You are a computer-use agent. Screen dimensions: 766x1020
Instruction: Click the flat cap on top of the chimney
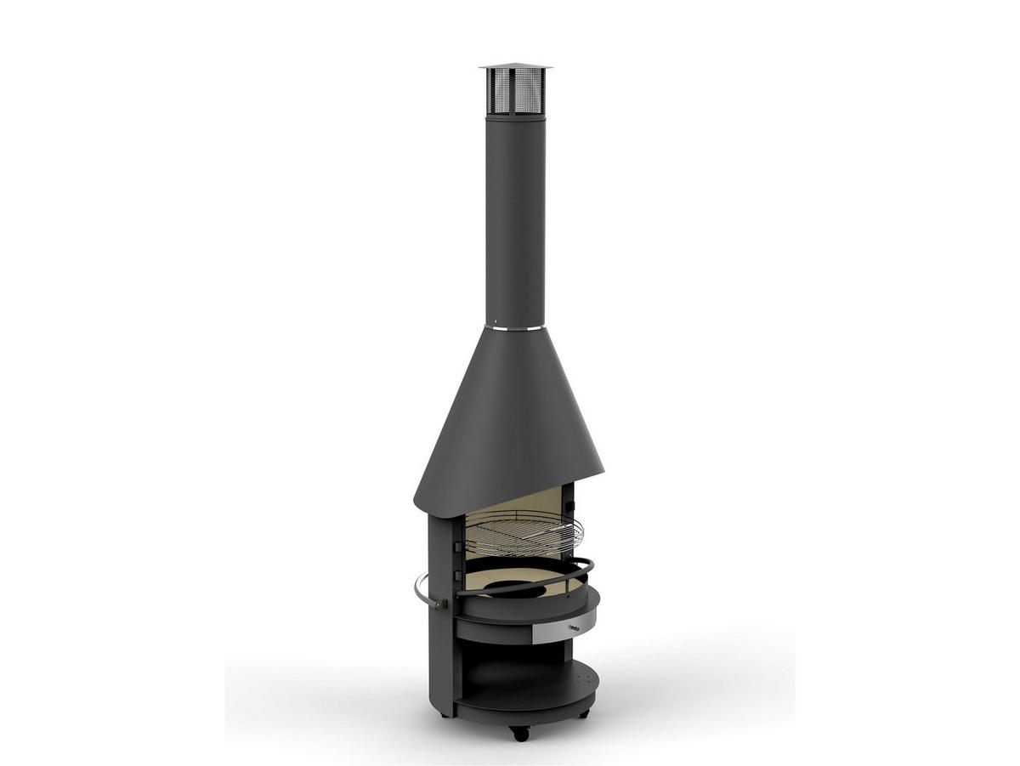[x=515, y=67]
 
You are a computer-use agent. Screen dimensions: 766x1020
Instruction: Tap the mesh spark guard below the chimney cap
[x=515, y=91]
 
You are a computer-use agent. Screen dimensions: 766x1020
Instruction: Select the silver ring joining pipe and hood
[x=515, y=326]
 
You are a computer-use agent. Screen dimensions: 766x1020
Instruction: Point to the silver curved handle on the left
[x=421, y=591]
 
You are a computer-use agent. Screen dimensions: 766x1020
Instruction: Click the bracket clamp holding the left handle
[x=440, y=604]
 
